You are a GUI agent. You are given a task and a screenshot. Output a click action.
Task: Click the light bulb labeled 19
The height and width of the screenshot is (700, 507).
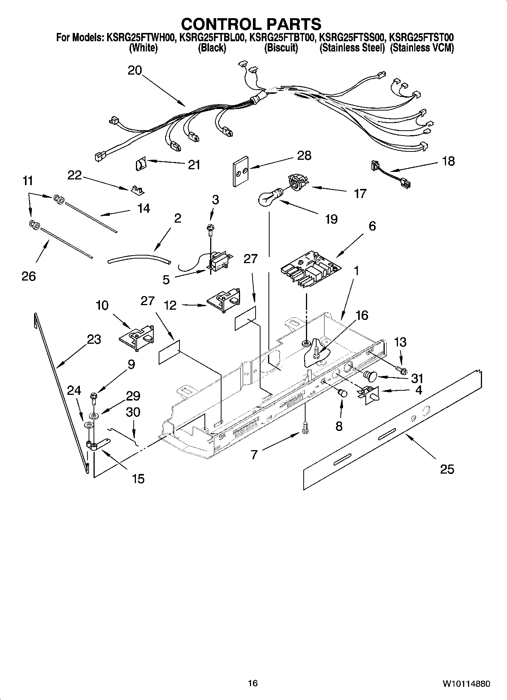pos(269,198)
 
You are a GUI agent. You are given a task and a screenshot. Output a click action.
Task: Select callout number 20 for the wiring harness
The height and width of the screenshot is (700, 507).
pos(135,70)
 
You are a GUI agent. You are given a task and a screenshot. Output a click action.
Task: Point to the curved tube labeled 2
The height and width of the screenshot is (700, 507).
pos(139,259)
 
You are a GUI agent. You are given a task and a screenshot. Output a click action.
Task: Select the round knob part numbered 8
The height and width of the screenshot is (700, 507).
pos(343,393)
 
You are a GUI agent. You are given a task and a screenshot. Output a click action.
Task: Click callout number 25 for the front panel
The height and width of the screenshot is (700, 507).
pos(447,469)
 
